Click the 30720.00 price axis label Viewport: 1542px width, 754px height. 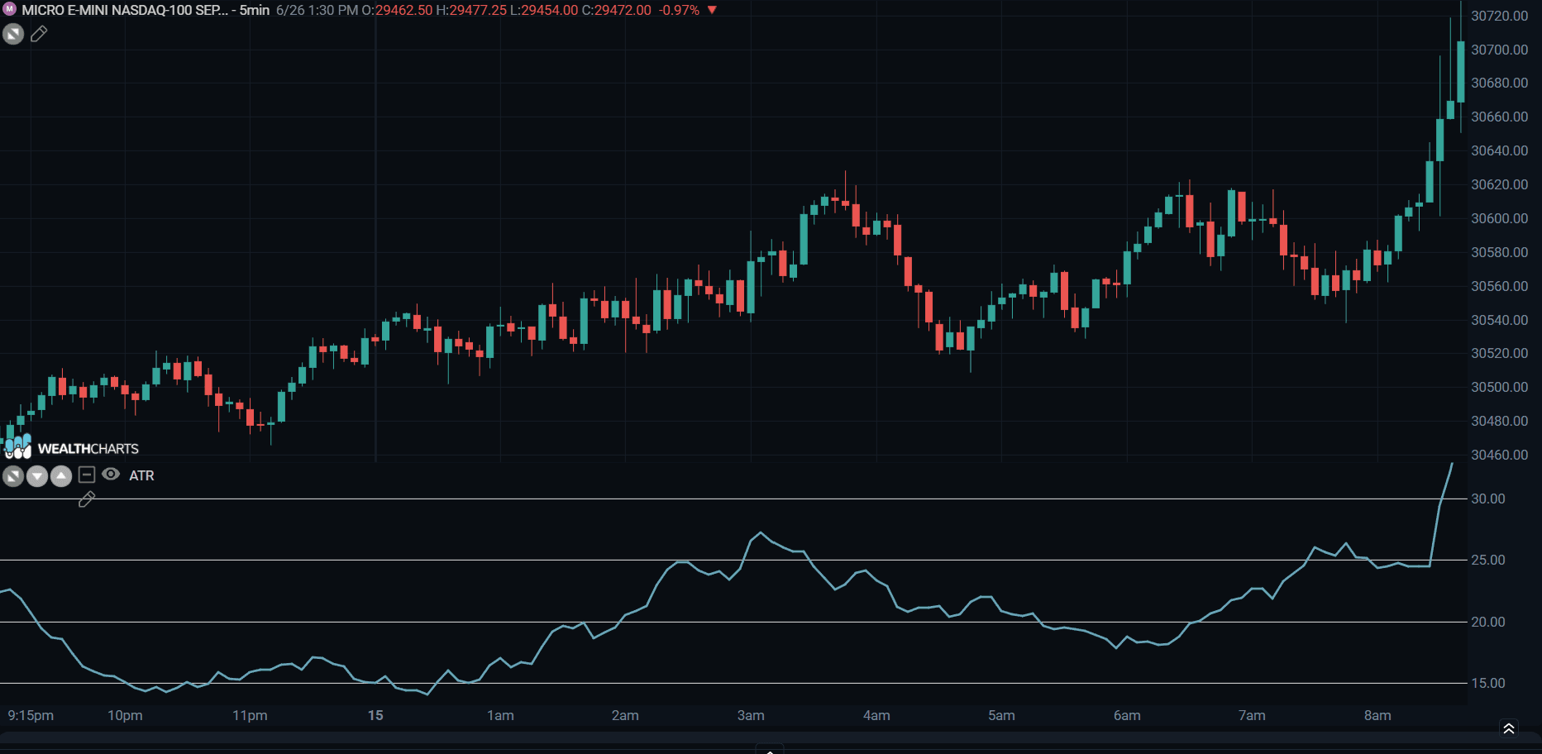(1499, 16)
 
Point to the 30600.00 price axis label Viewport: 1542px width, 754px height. (1499, 218)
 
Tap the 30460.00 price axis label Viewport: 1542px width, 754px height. (1499, 455)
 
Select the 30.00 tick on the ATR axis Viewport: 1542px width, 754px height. (1487, 499)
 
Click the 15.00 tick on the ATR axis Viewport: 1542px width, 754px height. (1487, 683)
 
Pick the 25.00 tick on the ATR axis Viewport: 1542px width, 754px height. (1487, 560)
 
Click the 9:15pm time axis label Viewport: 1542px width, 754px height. (31, 715)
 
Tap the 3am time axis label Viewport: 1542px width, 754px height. (751, 715)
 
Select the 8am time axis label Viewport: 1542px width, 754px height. (1377, 715)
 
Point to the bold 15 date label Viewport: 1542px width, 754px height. (375, 715)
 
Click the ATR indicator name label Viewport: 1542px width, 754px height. (141, 475)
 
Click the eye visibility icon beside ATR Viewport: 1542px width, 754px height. (111, 474)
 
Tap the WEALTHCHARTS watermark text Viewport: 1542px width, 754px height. (88, 449)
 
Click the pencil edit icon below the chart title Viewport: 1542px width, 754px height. (39, 34)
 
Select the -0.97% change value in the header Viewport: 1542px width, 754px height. (680, 10)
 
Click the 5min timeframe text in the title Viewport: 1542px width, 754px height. (255, 10)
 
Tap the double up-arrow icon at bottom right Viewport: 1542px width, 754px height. (1509, 728)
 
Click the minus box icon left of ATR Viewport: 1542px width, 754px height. (87, 475)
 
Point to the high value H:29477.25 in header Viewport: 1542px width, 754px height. (471, 10)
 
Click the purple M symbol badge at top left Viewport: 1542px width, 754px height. (10, 9)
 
